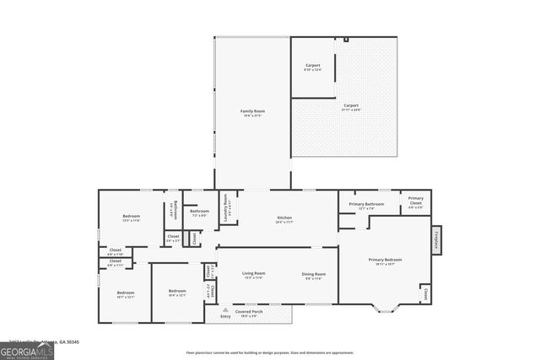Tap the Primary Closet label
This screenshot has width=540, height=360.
click(415, 203)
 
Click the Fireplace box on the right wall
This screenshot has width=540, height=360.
click(437, 240)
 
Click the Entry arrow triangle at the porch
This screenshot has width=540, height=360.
click(224, 309)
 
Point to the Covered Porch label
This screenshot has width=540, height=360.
click(251, 312)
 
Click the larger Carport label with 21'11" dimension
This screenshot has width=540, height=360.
click(352, 106)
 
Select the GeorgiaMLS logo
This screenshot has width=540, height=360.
click(27, 348)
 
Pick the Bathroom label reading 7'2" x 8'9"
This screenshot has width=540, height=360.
click(200, 212)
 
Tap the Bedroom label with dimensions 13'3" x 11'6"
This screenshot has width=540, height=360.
click(131, 218)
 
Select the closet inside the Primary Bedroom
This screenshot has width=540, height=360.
click(425, 294)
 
